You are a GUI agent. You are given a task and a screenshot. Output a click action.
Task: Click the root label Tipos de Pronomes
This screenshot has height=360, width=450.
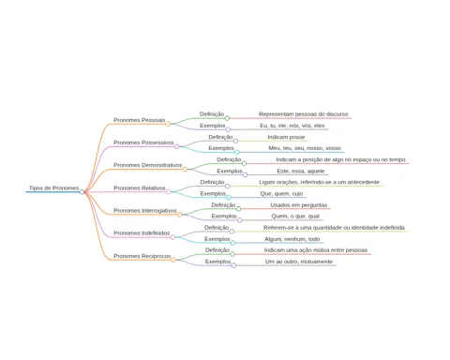coord(53,188)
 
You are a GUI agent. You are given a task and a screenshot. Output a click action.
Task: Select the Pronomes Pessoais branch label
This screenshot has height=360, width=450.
coord(140,120)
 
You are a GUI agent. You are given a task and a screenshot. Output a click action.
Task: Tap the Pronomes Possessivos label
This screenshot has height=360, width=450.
coord(143,142)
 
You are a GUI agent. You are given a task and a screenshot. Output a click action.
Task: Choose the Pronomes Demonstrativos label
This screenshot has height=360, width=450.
coord(148,165)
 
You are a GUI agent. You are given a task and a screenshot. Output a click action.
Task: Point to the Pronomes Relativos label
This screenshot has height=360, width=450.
coord(140,188)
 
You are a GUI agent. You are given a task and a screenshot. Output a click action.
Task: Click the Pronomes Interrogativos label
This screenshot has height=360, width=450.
coord(145,211)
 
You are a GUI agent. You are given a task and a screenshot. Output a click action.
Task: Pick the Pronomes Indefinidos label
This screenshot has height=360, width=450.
coord(142,233)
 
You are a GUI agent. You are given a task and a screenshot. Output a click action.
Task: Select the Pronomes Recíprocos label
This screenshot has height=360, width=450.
coord(142,256)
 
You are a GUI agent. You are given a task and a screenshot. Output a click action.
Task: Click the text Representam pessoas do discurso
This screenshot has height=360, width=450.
coord(304,114)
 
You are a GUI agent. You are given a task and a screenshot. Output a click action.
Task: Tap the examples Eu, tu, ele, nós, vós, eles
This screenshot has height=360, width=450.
coord(292,126)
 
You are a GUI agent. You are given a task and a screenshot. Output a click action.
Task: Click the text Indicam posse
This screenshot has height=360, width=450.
coord(286,137)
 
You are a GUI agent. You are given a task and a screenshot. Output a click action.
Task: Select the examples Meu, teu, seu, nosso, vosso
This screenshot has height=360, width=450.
coord(305,148)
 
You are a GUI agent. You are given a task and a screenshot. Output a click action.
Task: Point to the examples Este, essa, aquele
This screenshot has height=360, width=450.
coord(301,172)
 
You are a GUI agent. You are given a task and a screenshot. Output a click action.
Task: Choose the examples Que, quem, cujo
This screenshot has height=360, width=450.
coord(281,194)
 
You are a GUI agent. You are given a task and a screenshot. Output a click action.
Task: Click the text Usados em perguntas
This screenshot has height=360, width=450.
coord(299,205)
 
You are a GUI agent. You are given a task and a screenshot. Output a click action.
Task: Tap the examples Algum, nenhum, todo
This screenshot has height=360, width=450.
coord(292,239)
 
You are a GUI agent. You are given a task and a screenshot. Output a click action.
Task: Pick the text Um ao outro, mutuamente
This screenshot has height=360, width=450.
coord(299,262)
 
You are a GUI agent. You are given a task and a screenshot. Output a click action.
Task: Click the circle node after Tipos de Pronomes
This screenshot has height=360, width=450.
coord(82,192)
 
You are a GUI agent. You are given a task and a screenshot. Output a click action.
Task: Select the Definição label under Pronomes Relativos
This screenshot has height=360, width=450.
coord(212,182)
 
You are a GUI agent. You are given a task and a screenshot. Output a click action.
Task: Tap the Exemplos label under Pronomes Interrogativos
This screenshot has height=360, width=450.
coord(224,217)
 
